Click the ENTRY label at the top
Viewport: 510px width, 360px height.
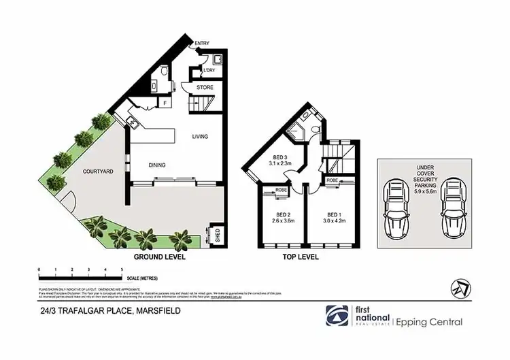point(202,44)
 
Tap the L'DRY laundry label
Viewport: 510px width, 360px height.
point(209,71)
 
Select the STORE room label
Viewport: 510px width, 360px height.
point(205,88)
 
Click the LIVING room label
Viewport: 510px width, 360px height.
point(199,137)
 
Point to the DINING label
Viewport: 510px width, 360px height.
point(158,165)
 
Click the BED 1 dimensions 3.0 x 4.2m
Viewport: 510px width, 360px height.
point(335,220)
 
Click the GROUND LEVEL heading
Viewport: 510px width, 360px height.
point(159,258)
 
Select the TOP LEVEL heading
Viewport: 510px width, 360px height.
point(301,258)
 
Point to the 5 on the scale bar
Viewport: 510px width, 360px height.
point(121,271)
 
